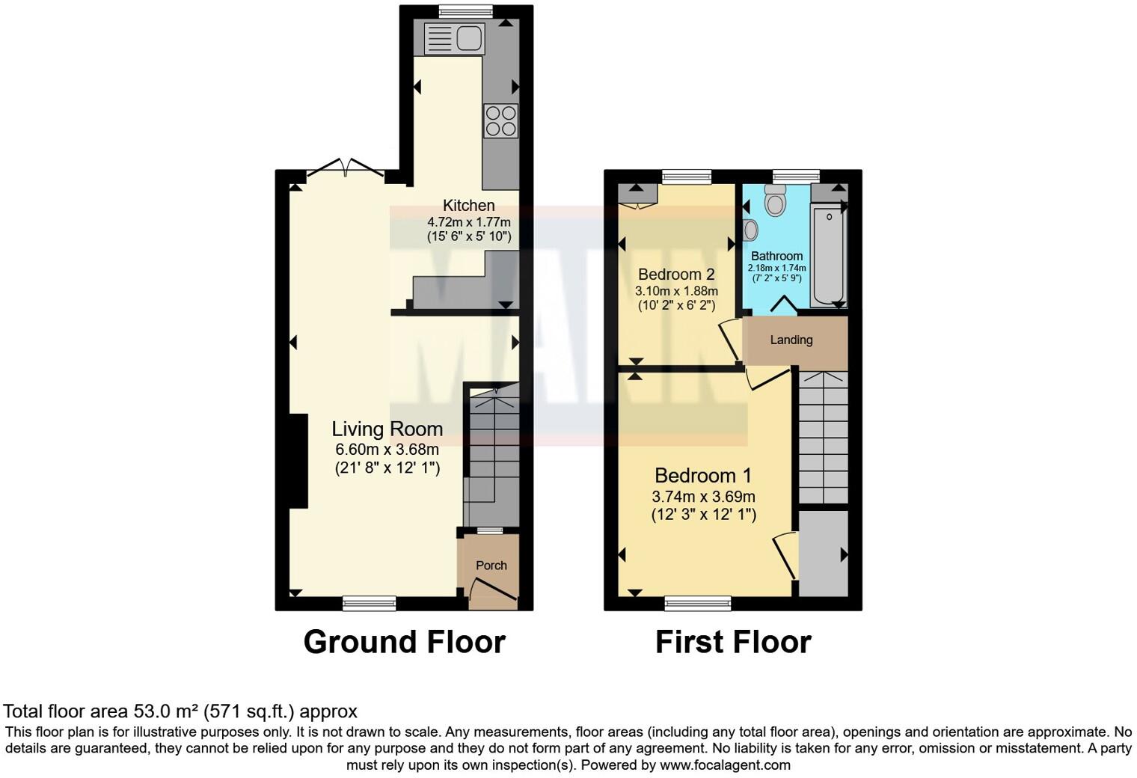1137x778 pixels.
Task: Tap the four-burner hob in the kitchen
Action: point(500,120)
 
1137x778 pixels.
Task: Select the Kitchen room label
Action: point(469,205)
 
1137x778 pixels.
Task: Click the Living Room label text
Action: point(387,429)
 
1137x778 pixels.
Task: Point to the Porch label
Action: point(491,566)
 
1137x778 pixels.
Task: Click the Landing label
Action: point(791,340)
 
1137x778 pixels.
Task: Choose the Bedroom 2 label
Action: point(676,275)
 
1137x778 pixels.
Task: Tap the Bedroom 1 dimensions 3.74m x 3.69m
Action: point(703,497)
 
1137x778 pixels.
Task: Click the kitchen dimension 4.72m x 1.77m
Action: point(469,222)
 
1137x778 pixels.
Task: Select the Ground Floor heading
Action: point(404,642)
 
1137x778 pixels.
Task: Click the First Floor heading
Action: point(733,642)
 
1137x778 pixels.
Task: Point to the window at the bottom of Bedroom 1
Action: point(697,603)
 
